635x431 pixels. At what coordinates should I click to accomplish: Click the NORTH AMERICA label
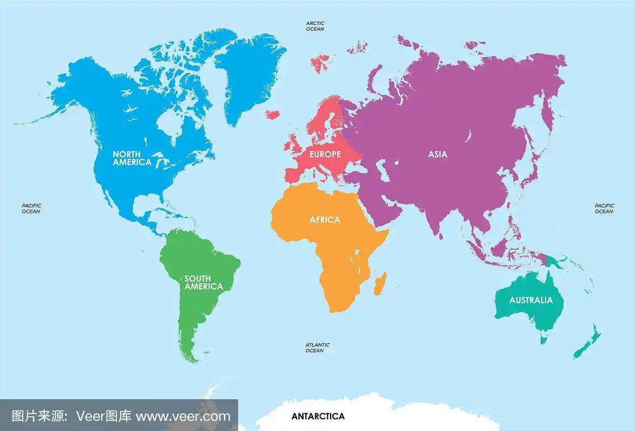[132, 158]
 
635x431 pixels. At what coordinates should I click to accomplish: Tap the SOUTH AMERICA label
[204, 282]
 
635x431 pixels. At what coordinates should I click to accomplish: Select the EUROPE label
[325, 154]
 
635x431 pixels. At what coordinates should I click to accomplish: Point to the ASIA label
[437, 154]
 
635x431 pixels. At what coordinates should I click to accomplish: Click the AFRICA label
[325, 220]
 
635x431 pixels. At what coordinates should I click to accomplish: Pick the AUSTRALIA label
[531, 300]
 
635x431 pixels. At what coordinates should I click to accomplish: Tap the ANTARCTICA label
[318, 416]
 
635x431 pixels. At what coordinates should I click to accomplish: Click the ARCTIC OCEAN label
[315, 26]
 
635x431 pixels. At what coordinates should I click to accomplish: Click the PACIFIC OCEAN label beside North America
[31, 208]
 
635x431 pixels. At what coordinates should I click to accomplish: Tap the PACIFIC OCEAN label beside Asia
[604, 208]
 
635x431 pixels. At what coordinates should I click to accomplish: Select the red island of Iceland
[273, 114]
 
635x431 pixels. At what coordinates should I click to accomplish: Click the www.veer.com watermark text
[183, 416]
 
